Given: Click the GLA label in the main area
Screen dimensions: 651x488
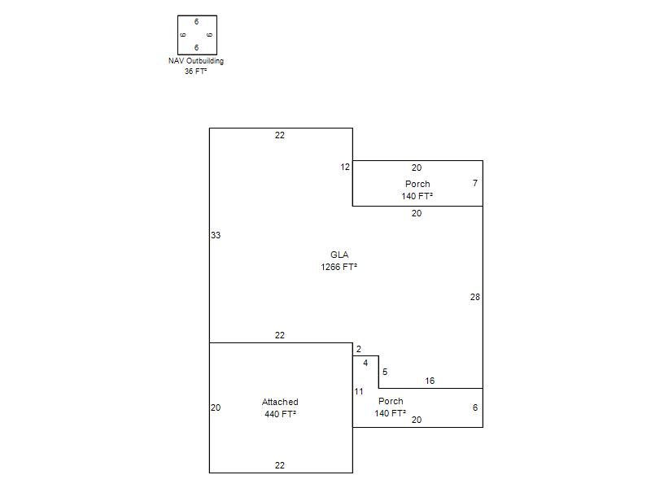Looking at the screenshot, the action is pos(339,255).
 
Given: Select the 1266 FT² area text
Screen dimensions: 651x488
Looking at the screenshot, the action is pos(339,267).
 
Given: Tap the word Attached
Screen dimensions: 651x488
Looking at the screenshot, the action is pos(280,402).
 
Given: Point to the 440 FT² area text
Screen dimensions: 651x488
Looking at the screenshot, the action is pos(280,414).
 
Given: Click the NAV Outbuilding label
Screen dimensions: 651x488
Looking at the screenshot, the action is pos(196,61).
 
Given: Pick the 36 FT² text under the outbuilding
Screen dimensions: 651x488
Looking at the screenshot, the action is pos(195,72).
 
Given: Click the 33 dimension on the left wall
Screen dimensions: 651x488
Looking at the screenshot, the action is pos(216,235).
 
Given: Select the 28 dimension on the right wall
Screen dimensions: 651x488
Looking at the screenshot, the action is pos(475,297).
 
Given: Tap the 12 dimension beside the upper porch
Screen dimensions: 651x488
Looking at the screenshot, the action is pos(345,168).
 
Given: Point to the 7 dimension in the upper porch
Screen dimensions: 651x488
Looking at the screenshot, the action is pos(475,183).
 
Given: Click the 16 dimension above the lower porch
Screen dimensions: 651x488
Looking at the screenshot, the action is pos(430,381).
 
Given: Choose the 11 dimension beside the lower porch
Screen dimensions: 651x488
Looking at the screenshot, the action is pos(359,391).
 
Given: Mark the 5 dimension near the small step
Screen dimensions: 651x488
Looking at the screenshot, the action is pos(385,372).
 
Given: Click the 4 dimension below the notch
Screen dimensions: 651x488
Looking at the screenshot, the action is pos(365,363).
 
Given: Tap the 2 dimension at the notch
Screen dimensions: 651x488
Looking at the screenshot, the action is pos(359,350).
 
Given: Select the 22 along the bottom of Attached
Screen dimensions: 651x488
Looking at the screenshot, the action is pos(280,465).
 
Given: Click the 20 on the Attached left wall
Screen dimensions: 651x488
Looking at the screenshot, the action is pos(216,408).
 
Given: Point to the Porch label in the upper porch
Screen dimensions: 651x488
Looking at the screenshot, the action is pos(417,184).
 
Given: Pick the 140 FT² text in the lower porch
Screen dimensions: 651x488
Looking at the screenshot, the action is pos(391,413).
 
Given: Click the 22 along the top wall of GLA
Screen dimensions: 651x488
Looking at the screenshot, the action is pos(280,135).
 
